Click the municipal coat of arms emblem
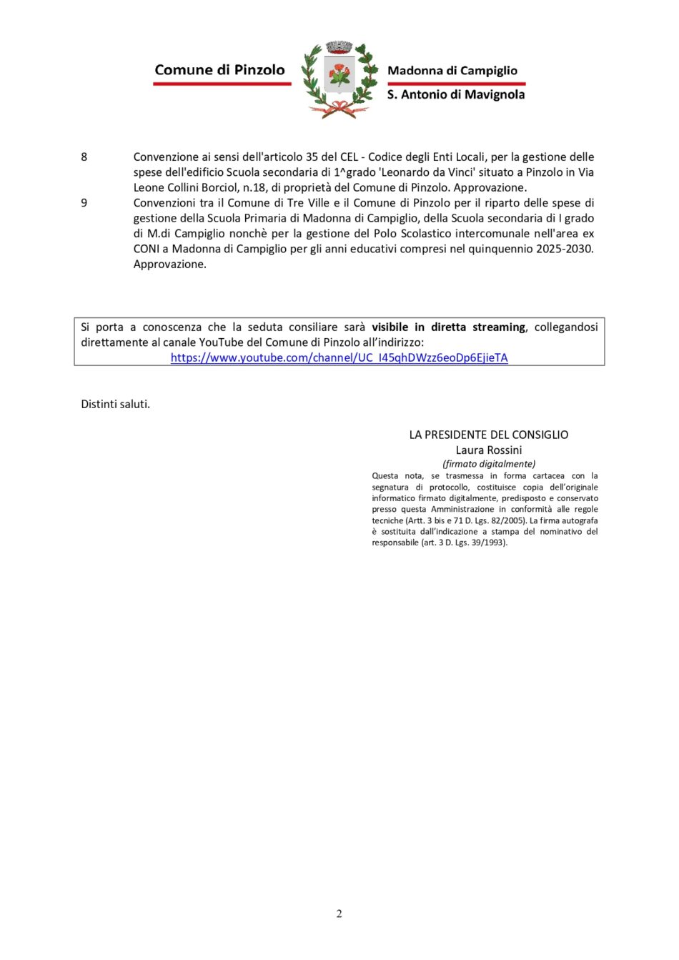coord(339,79)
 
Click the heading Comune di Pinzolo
coord(219,70)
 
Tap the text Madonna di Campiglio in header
coord(452,71)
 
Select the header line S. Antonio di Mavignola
coord(455,94)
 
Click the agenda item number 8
coord(84,157)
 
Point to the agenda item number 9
coord(84,203)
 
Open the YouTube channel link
coord(339,357)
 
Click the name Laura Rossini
coord(489,450)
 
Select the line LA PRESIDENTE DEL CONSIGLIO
coord(488,435)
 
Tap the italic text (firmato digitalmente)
coord(489,464)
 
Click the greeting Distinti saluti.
coord(115,405)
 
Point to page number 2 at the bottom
coord(339,914)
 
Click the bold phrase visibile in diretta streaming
coord(448,327)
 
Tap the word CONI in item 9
coord(146,249)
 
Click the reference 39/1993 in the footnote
coord(487,543)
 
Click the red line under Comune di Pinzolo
coord(222,84)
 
